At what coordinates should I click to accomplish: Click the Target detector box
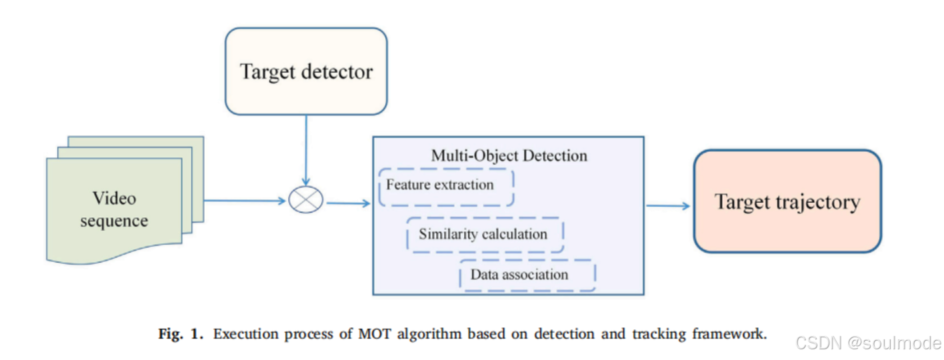point(306,71)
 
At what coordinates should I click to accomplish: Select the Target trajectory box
point(787,201)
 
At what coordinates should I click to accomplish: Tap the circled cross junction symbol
point(306,199)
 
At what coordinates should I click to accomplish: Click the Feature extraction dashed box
point(446,187)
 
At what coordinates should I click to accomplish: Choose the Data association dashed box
point(527,275)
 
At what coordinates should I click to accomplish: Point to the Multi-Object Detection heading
point(509,156)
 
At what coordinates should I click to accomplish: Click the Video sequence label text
point(114,209)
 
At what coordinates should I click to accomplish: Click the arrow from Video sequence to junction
point(244,199)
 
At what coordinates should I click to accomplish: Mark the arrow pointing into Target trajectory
point(668,205)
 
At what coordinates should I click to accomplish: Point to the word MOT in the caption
point(375,334)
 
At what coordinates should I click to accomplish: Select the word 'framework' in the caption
point(731,334)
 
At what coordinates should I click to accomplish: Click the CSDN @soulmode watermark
point(869,343)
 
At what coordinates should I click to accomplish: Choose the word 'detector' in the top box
point(338,71)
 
